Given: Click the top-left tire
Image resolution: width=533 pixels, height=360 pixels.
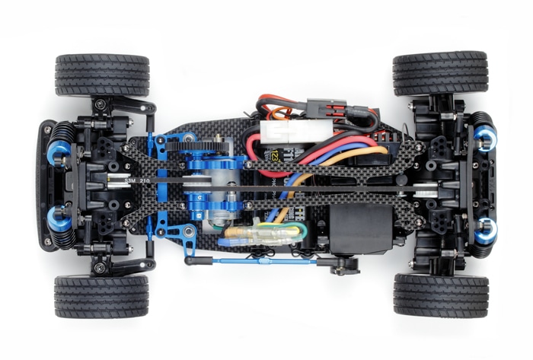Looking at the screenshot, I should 101,75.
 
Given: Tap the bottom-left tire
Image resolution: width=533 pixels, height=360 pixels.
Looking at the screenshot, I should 101,296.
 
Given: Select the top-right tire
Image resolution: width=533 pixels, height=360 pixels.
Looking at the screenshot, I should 440,73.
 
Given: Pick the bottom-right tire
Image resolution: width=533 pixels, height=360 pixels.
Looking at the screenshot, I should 440,295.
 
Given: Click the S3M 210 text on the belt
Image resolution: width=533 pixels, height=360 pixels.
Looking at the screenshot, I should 126,179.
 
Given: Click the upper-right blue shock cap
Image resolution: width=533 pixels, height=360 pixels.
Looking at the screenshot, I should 485,138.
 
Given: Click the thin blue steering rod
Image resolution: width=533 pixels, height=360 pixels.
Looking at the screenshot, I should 251,261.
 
